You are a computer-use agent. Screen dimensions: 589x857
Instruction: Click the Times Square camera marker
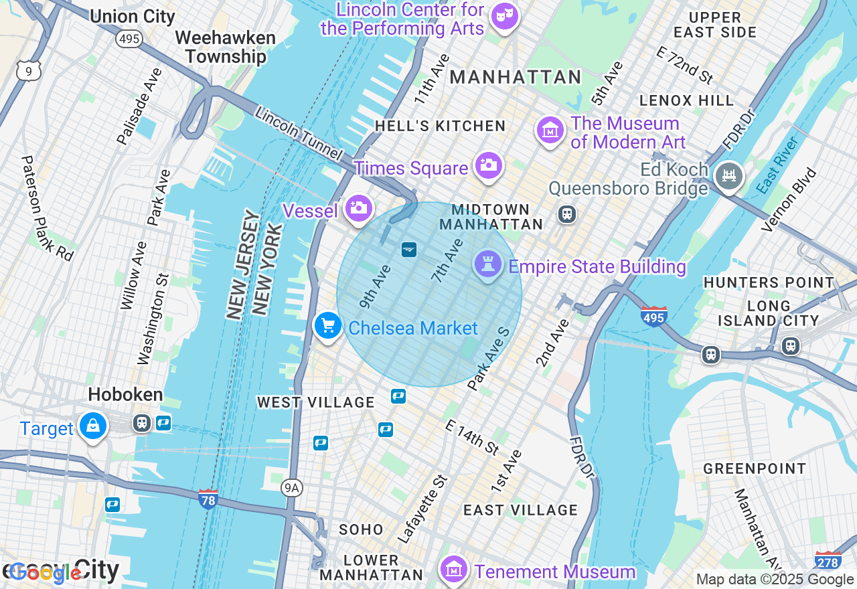[x=488, y=165]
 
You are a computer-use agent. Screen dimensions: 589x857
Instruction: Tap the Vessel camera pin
[x=359, y=208]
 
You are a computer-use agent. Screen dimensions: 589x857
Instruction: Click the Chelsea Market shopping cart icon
[x=327, y=326]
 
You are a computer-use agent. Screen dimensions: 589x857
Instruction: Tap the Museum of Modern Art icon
[x=550, y=131]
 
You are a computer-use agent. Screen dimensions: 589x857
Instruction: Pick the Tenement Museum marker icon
[x=454, y=570]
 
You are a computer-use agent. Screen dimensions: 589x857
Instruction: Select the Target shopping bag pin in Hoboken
[x=93, y=425]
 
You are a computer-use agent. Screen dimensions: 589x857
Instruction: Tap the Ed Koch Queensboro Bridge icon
[x=728, y=176]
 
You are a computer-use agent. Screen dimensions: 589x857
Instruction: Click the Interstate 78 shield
[x=208, y=498]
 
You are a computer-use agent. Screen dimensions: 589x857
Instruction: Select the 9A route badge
[x=291, y=488]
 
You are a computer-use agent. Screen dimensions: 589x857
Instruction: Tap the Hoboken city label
[x=125, y=394]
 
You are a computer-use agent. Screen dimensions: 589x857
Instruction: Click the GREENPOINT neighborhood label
[x=755, y=469]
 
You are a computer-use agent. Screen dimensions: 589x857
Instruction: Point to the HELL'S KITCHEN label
[x=440, y=126]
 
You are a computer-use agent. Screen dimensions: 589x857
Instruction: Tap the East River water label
[x=778, y=165]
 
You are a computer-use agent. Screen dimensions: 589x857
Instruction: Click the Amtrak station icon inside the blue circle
[x=409, y=250]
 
